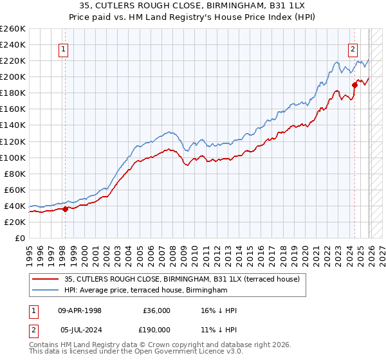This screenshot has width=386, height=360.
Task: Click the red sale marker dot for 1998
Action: (x=65, y=208)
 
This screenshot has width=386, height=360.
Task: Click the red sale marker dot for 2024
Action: (x=354, y=84)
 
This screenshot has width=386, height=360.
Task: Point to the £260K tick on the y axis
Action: (x=13, y=29)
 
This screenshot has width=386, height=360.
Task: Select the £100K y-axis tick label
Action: (x=13, y=157)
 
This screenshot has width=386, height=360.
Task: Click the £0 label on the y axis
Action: (x=19, y=238)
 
